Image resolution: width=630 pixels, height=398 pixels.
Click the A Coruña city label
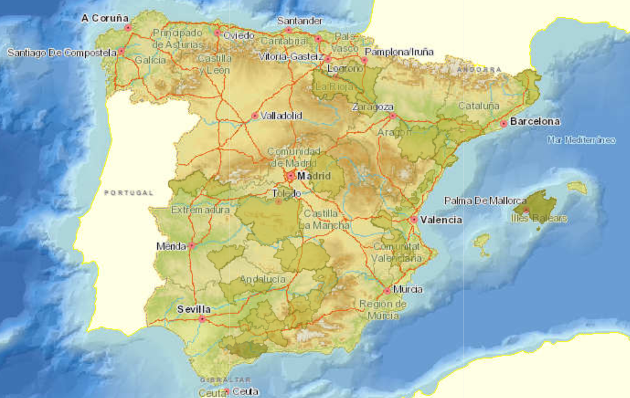tap(105, 18)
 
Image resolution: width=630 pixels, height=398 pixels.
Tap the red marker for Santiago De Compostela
tap(121, 51)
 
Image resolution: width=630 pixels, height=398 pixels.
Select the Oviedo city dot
tap(217, 33)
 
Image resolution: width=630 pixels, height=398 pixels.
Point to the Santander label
tap(299, 21)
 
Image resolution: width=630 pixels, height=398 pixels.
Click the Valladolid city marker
tap(255, 116)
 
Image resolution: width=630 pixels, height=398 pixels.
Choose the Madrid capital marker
tap(291, 176)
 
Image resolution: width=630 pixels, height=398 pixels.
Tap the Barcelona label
tap(535, 121)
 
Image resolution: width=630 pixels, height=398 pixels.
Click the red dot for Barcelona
tap(503, 124)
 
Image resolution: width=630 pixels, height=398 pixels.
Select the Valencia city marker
tap(414, 220)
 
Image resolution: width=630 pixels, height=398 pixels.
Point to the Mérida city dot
tap(191, 246)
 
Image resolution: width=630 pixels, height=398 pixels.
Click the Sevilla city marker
tap(202, 318)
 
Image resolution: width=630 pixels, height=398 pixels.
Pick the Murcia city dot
tap(387, 291)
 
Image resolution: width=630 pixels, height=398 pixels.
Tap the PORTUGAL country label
tap(129, 193)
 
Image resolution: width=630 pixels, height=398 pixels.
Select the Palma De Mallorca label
tap(485, 200)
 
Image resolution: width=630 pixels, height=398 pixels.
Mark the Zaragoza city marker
tap(392, 115)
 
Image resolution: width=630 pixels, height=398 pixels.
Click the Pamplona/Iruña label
tap(399, 52)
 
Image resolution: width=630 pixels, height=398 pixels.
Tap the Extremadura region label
tap(200, 210)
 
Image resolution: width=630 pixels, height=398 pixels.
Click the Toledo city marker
tap(278, 201)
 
